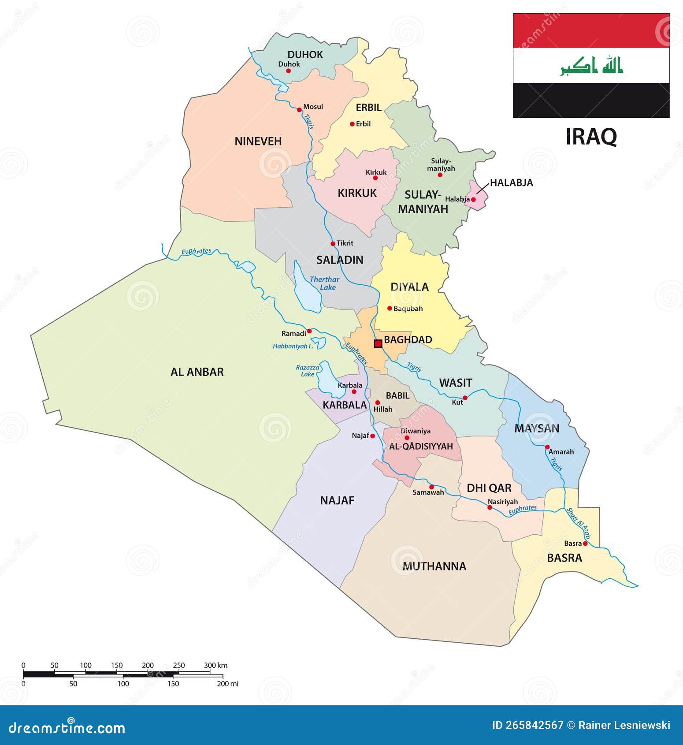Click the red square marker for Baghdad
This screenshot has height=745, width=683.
[x=378, y=343]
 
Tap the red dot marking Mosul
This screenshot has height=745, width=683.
[x=299, y=110]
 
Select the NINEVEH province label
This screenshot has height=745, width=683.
[x=258, y=142]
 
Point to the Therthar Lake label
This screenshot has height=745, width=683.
[x=324, y=283]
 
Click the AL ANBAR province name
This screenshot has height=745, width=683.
[x=197, y=372]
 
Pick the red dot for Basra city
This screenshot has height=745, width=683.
[x=585, y=544]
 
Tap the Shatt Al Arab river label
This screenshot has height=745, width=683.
[x=578, y=523]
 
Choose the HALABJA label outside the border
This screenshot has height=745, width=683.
[x=511, y=183]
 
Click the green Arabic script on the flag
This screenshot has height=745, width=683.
[x=591, y=66]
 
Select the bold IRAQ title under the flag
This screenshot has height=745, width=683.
[x=591, y=137]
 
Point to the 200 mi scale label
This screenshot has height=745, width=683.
[x=228, y=684]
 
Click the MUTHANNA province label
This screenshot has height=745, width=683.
[x=434, y=566]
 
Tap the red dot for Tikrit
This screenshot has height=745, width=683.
[x=333, y=244]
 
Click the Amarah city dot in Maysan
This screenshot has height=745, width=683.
[x=547, y=447]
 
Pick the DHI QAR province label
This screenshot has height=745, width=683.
[x=489, y=488]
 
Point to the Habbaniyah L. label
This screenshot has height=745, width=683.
[x=293, y=346]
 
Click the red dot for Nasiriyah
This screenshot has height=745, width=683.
[x=490, y=507]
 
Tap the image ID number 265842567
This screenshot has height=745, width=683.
[x=527, y=725]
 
